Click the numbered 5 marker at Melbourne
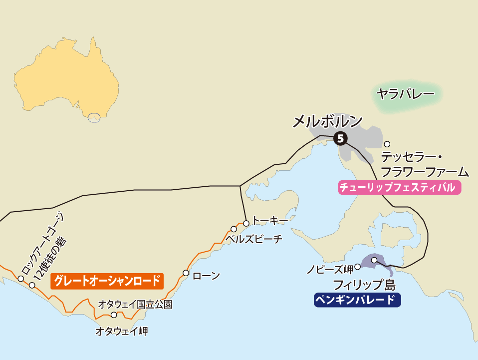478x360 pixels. click(x=340, y=138)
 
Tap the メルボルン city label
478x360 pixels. click(x=327, y=121)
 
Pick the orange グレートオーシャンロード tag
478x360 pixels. click(x=107, y=281)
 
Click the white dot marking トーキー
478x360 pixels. click(x=246, y=223)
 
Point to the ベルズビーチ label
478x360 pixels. click(x=253, y=239)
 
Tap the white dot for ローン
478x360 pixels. click(x=186, y=273)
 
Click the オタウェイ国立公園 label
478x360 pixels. click(x=135, y=304)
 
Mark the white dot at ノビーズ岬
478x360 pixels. click(x=357, y=267)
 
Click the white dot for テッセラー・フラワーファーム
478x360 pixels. click(x=387, y=144)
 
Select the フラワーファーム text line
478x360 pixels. click(x=425, y=172)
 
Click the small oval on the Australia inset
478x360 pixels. click(x=94, y=118)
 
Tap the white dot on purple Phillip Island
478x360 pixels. click(x=374, y=260)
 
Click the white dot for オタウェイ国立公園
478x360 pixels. click(x=114, y=315)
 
